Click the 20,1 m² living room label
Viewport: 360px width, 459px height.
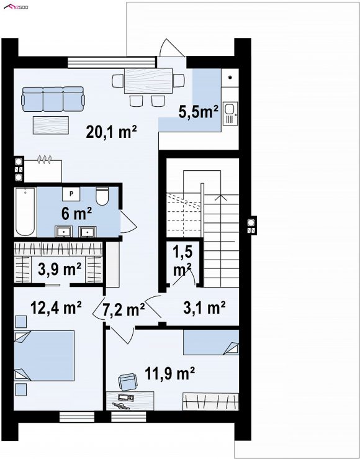click(112, 132)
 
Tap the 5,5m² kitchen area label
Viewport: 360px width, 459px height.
click(199, 112)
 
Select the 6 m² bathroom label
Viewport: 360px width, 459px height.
click(76, 214)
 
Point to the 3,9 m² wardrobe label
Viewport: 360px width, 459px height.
click(60, 270)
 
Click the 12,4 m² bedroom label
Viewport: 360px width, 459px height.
click(56, 307)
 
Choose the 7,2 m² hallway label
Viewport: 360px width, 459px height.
click(124, 310)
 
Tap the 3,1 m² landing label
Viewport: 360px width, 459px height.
click(204, 307)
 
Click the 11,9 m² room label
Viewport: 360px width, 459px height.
click(170, 373)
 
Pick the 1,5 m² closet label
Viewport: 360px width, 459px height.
click(182, 260)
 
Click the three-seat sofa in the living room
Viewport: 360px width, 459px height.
click(53, 99)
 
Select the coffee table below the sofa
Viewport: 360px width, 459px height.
click(51, 125)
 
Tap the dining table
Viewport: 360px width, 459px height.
click(148, 81)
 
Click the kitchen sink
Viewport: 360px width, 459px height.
click(230, 113)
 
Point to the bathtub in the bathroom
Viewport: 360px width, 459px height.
click(25, 212)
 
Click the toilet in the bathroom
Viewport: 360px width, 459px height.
click(102, 196)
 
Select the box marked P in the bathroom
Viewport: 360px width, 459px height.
click(71, 194)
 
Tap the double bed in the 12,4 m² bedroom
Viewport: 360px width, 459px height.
click(44, 356)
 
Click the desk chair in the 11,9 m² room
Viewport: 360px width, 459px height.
click(128, 382)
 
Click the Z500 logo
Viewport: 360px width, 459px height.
click(16, 6)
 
